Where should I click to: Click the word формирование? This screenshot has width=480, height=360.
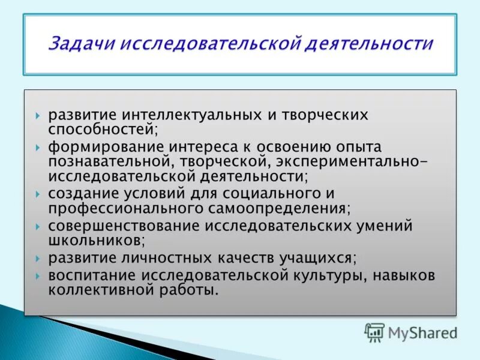point(100,147)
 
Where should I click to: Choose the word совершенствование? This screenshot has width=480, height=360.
point(125,227)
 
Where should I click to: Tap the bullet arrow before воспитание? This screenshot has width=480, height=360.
point(38,277)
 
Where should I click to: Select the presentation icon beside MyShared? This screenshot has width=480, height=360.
point(374,332)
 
